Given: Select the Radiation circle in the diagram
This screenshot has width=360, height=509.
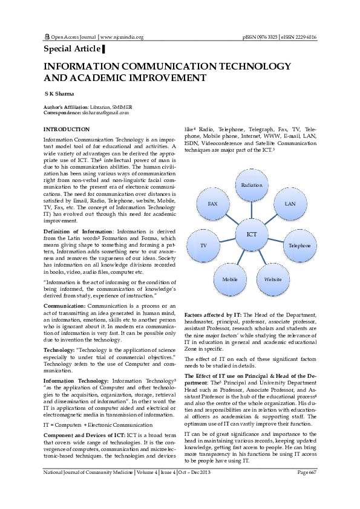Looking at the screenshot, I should (x=251, y=184).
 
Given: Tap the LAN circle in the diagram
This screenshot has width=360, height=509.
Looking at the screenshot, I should (x=290, y=204).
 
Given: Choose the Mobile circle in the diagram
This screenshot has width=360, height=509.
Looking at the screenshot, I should (x=229, y=280).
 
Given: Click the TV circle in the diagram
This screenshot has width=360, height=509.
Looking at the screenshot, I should (x=204, y=246).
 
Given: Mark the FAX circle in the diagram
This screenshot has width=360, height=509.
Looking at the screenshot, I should (x=212, y=204).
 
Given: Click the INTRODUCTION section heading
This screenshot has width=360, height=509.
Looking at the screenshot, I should (x=66, y=129).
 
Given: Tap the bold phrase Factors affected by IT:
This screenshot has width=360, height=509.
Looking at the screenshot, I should (x=213, y=316).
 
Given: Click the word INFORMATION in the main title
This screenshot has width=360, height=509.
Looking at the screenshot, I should (x=85, y=65).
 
